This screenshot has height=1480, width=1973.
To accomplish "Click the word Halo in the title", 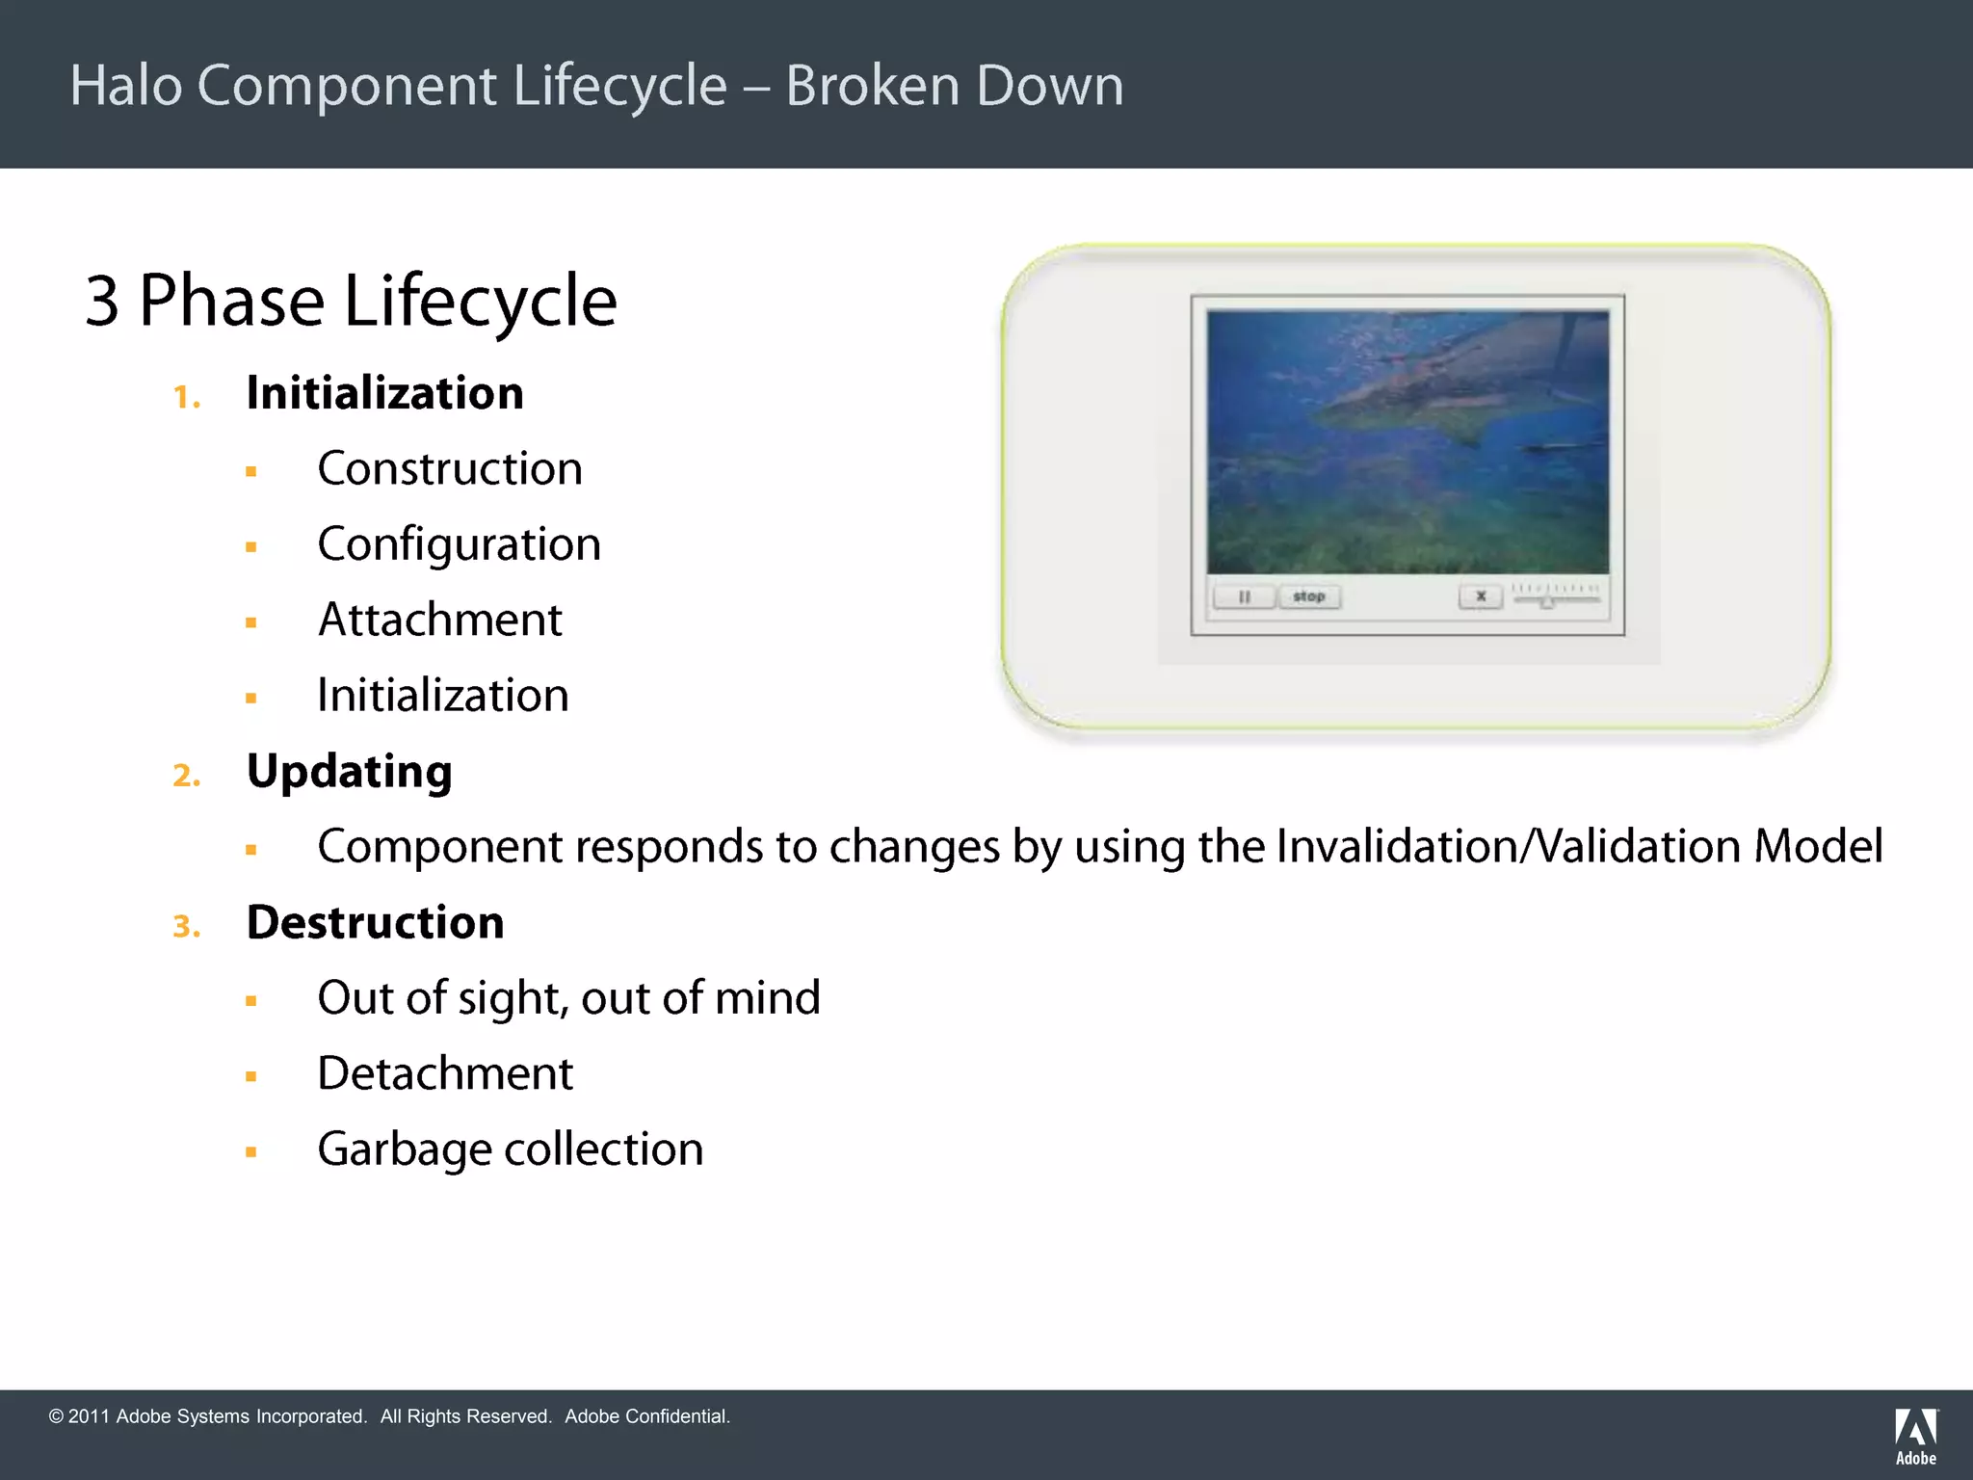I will pyautogui.click(x=126, y=86).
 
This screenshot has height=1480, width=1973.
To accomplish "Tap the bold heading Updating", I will pyautogui.click(x=349, y=772).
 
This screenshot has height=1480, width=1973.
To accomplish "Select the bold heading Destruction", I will pyautogui.click(x=375, y=923).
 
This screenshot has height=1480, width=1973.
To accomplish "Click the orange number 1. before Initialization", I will pyautogui.click(x=186, y=397).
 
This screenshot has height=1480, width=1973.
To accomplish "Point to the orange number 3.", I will pyautogui.click(x=186, y=927).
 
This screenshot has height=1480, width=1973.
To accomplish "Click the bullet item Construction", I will pyautogui.click(x=450, y=469).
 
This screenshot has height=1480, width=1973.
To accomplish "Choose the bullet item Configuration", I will pyautogui.click(x=459, y=545).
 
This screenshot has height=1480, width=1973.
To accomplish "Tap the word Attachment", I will pyautogui.click(x=440, y=620).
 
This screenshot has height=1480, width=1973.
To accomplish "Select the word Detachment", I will pyautogui.click(x=445, y=1073).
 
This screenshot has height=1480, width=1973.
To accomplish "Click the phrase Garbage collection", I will pyautogui.click(x=511, y=1150).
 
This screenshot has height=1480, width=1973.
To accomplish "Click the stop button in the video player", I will pyautogui.click(x=1308, y=597).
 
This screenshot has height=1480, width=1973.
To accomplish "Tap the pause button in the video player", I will pyautogui.click(x=1244, y=597).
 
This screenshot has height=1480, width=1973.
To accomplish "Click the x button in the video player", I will pyautogui.click(x=1481, y=597).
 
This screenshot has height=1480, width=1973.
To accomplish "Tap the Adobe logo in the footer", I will pyautogui.click(x=1915, y=1436).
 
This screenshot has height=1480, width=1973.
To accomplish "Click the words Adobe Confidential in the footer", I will pyautogui.click(x=646, y=1416).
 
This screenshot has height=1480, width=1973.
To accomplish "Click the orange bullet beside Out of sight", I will pyautogui.click(x=251, y=1001).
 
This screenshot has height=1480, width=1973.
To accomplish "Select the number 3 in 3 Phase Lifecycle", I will pyautogui.click(x=101, y=302).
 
